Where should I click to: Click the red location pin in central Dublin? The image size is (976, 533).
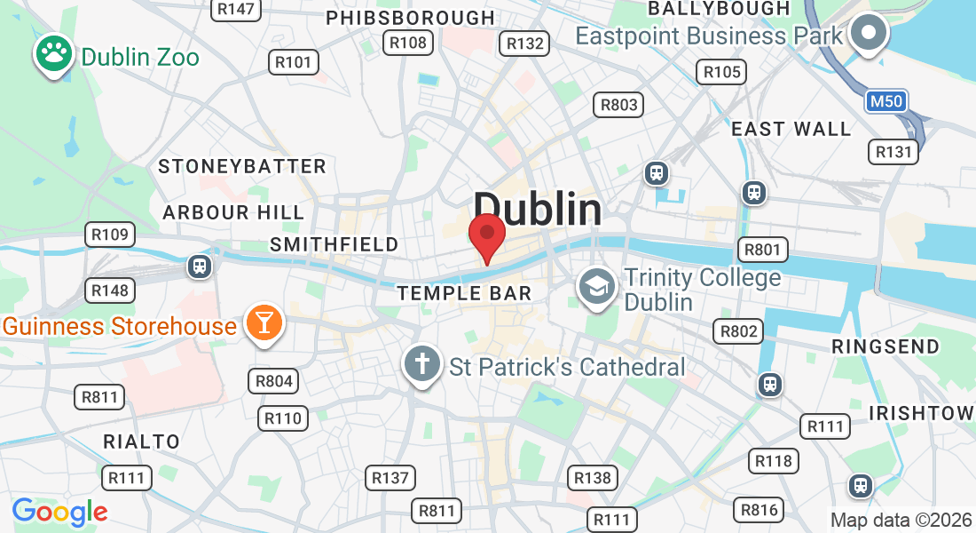486,235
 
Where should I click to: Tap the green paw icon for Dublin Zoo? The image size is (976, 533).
54,53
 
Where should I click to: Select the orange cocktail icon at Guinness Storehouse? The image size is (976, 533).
264,322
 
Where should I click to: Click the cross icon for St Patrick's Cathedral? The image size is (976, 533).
421,364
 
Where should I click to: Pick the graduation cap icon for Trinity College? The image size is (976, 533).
598,285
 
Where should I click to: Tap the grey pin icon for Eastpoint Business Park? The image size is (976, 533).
868,34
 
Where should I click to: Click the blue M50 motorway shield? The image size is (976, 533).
885,101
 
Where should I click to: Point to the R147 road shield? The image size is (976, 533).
235,9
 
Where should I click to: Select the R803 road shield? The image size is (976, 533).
618,105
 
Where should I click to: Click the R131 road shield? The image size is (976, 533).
893,152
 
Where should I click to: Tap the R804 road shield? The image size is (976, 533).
273,382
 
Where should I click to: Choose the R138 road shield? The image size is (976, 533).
592,478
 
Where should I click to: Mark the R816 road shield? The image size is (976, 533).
759,510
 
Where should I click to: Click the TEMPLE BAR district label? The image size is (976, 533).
464,293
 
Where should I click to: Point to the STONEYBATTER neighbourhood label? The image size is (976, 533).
242,166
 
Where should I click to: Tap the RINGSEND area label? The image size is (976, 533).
885,346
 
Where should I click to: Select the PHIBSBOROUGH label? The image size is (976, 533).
410,18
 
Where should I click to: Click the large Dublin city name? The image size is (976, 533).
538,210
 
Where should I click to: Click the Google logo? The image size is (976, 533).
59,512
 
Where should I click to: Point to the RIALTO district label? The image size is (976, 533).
141,442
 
